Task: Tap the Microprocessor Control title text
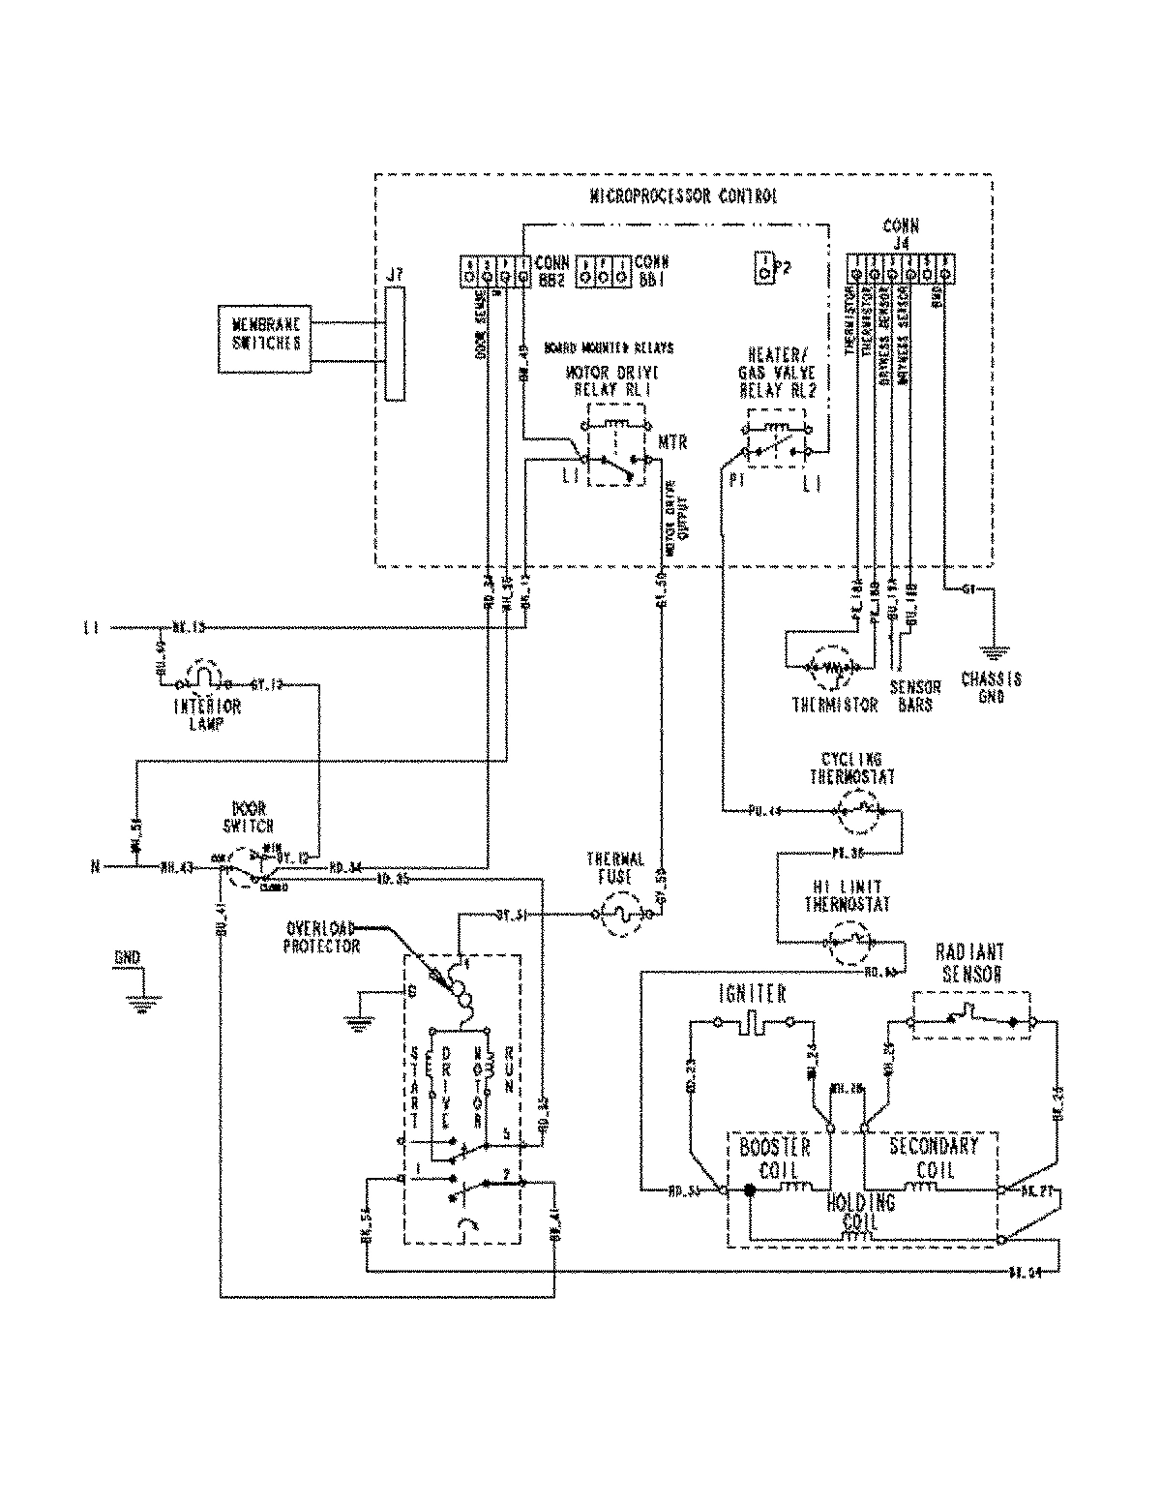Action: coord(682,196)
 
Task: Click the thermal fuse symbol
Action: coord(620,914)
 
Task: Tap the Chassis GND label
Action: coord(991,687)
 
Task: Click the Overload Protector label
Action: coord(321,937)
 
